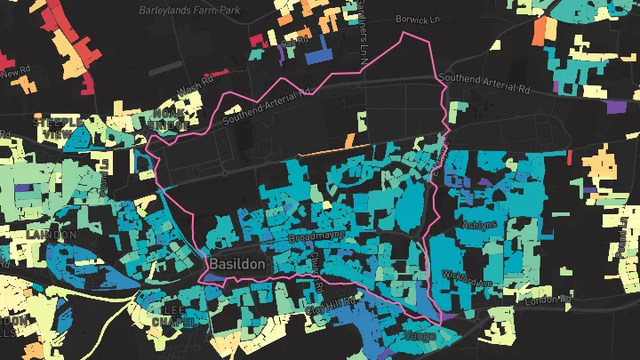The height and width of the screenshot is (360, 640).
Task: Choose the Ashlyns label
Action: (x=481, y=224)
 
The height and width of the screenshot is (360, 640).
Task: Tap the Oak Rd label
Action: (x=292, y=41)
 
